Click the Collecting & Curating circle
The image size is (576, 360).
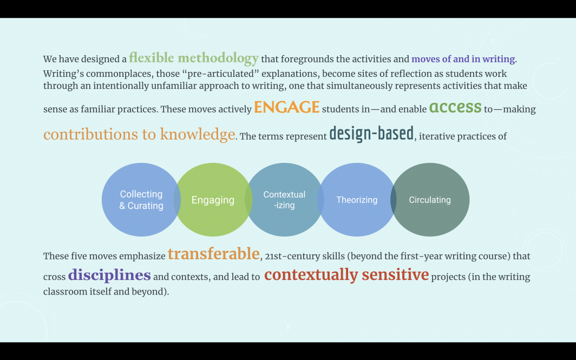tap(141, 200)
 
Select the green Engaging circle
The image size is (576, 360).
tap(213, 200)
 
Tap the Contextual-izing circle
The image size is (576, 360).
tap(284, 200)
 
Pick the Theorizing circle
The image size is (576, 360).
tap(357, 200)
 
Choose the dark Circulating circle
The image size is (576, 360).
tap(430, 200)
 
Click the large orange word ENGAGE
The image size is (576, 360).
tap(286, 107)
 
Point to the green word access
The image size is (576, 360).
tap(455, 107)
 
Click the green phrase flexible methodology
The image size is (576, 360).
tap(194, 58)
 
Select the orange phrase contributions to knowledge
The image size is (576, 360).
tap(139, 134)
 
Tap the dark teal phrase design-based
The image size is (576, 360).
tap(371, 133)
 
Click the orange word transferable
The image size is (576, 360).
tap(213, 254)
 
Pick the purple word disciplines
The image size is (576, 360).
tap(109, 276)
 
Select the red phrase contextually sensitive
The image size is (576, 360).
tap(346, 275)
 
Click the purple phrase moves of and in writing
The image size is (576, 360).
tap(463, 59)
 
